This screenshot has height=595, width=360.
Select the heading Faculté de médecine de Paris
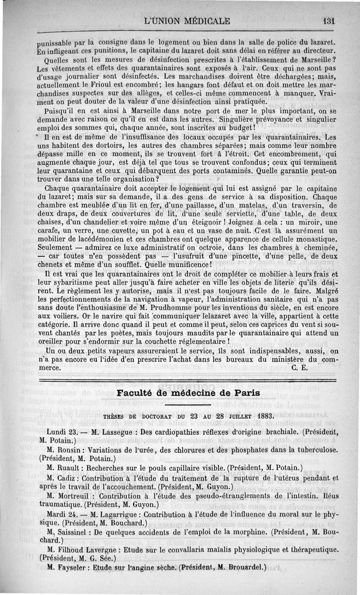click(x=188, y=392)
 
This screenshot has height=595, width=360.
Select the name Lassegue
click(x=119, y=432)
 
